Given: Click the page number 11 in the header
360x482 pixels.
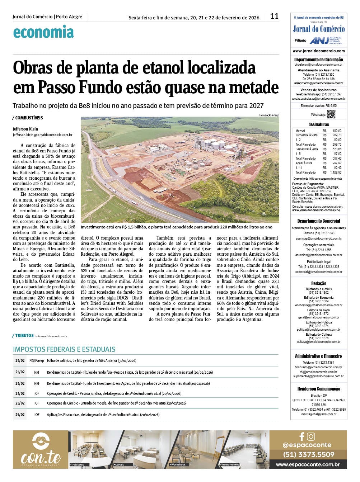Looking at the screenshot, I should [x=274, y=16].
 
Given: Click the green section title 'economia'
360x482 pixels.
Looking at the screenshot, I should [x=43, y=32].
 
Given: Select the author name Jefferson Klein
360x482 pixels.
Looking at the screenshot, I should [x=25, y=129].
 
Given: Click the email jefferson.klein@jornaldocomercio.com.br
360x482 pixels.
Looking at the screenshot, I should [x=42, y=135].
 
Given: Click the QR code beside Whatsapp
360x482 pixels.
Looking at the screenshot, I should [x=331, y=114].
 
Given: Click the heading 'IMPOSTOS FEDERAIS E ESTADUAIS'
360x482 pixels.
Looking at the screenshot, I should [x=64, y=349].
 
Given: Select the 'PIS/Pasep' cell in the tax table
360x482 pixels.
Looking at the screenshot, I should [x=37, y=360].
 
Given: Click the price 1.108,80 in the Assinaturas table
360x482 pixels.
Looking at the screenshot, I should [x=336, y=173].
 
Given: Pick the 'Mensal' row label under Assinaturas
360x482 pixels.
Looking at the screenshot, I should [x=300, y=131].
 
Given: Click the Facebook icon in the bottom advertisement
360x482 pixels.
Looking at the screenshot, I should [x=301, y=436].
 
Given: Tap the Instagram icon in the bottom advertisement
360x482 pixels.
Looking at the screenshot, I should [x=311, y=436].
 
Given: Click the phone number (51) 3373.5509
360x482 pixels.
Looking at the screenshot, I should [x=309, y=454].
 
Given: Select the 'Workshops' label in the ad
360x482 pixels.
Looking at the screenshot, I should [x=178, y=464].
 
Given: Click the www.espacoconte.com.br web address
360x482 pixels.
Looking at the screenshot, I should [x=308, y=464].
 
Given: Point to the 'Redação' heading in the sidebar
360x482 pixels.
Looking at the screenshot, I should [x=318, y=283].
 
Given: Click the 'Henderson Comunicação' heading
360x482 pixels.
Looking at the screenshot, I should [x=318, y=389].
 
